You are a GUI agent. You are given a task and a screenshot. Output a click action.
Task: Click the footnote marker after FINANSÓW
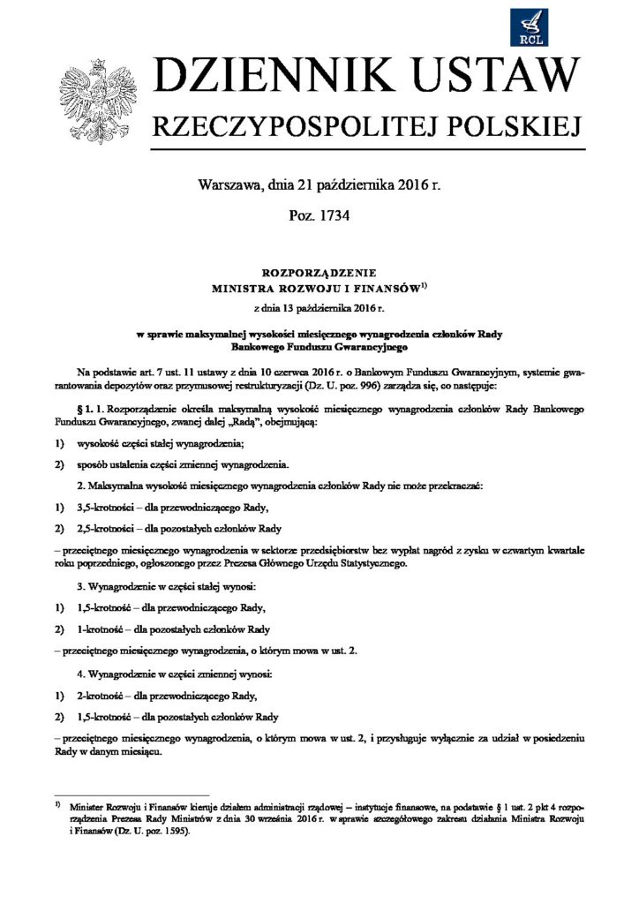(x=422, y=284)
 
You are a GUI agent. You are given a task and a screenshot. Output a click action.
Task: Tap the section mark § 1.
(x=86, y=411)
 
